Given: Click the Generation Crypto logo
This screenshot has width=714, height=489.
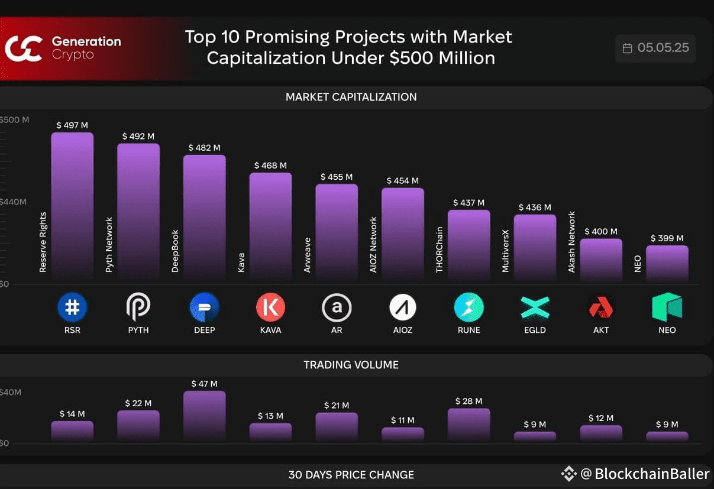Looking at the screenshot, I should tap(24, 48).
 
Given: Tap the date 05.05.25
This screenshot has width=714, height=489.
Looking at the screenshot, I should tap(663, 48).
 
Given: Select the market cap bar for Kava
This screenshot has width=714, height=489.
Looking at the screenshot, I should tap(270, 225).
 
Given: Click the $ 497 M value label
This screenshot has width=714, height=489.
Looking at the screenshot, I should tap(72, 125).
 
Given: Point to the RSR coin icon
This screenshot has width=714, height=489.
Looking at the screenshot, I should tap(72, 307).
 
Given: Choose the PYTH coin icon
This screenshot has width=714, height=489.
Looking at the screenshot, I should tap(138, 307).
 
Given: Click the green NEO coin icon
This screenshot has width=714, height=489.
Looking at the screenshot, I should tap(667, 307).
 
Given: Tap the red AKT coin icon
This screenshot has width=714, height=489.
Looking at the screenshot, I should tap(601, 307).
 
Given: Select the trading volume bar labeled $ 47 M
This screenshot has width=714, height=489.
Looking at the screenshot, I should tap(204, 416).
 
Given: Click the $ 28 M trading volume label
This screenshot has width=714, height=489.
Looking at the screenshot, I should tap(469, 401).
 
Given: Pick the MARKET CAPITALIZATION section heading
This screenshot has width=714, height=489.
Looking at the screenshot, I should tap(351, 97).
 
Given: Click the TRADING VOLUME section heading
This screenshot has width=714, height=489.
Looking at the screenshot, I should tap(351, 365).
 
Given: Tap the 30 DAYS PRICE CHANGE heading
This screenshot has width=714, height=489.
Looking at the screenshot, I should tap(351, 475).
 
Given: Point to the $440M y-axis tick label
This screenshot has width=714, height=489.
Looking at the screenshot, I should tap(13, 202).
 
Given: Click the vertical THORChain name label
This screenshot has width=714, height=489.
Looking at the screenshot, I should tap(440, 250).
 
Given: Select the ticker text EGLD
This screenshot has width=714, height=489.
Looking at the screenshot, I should tap(535, 330).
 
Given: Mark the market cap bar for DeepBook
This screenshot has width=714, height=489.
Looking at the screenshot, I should tap(204, 216).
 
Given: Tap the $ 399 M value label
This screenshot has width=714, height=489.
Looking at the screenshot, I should tap(667, 238).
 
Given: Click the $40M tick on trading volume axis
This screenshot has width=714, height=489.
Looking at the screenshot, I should tap(11, 392).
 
